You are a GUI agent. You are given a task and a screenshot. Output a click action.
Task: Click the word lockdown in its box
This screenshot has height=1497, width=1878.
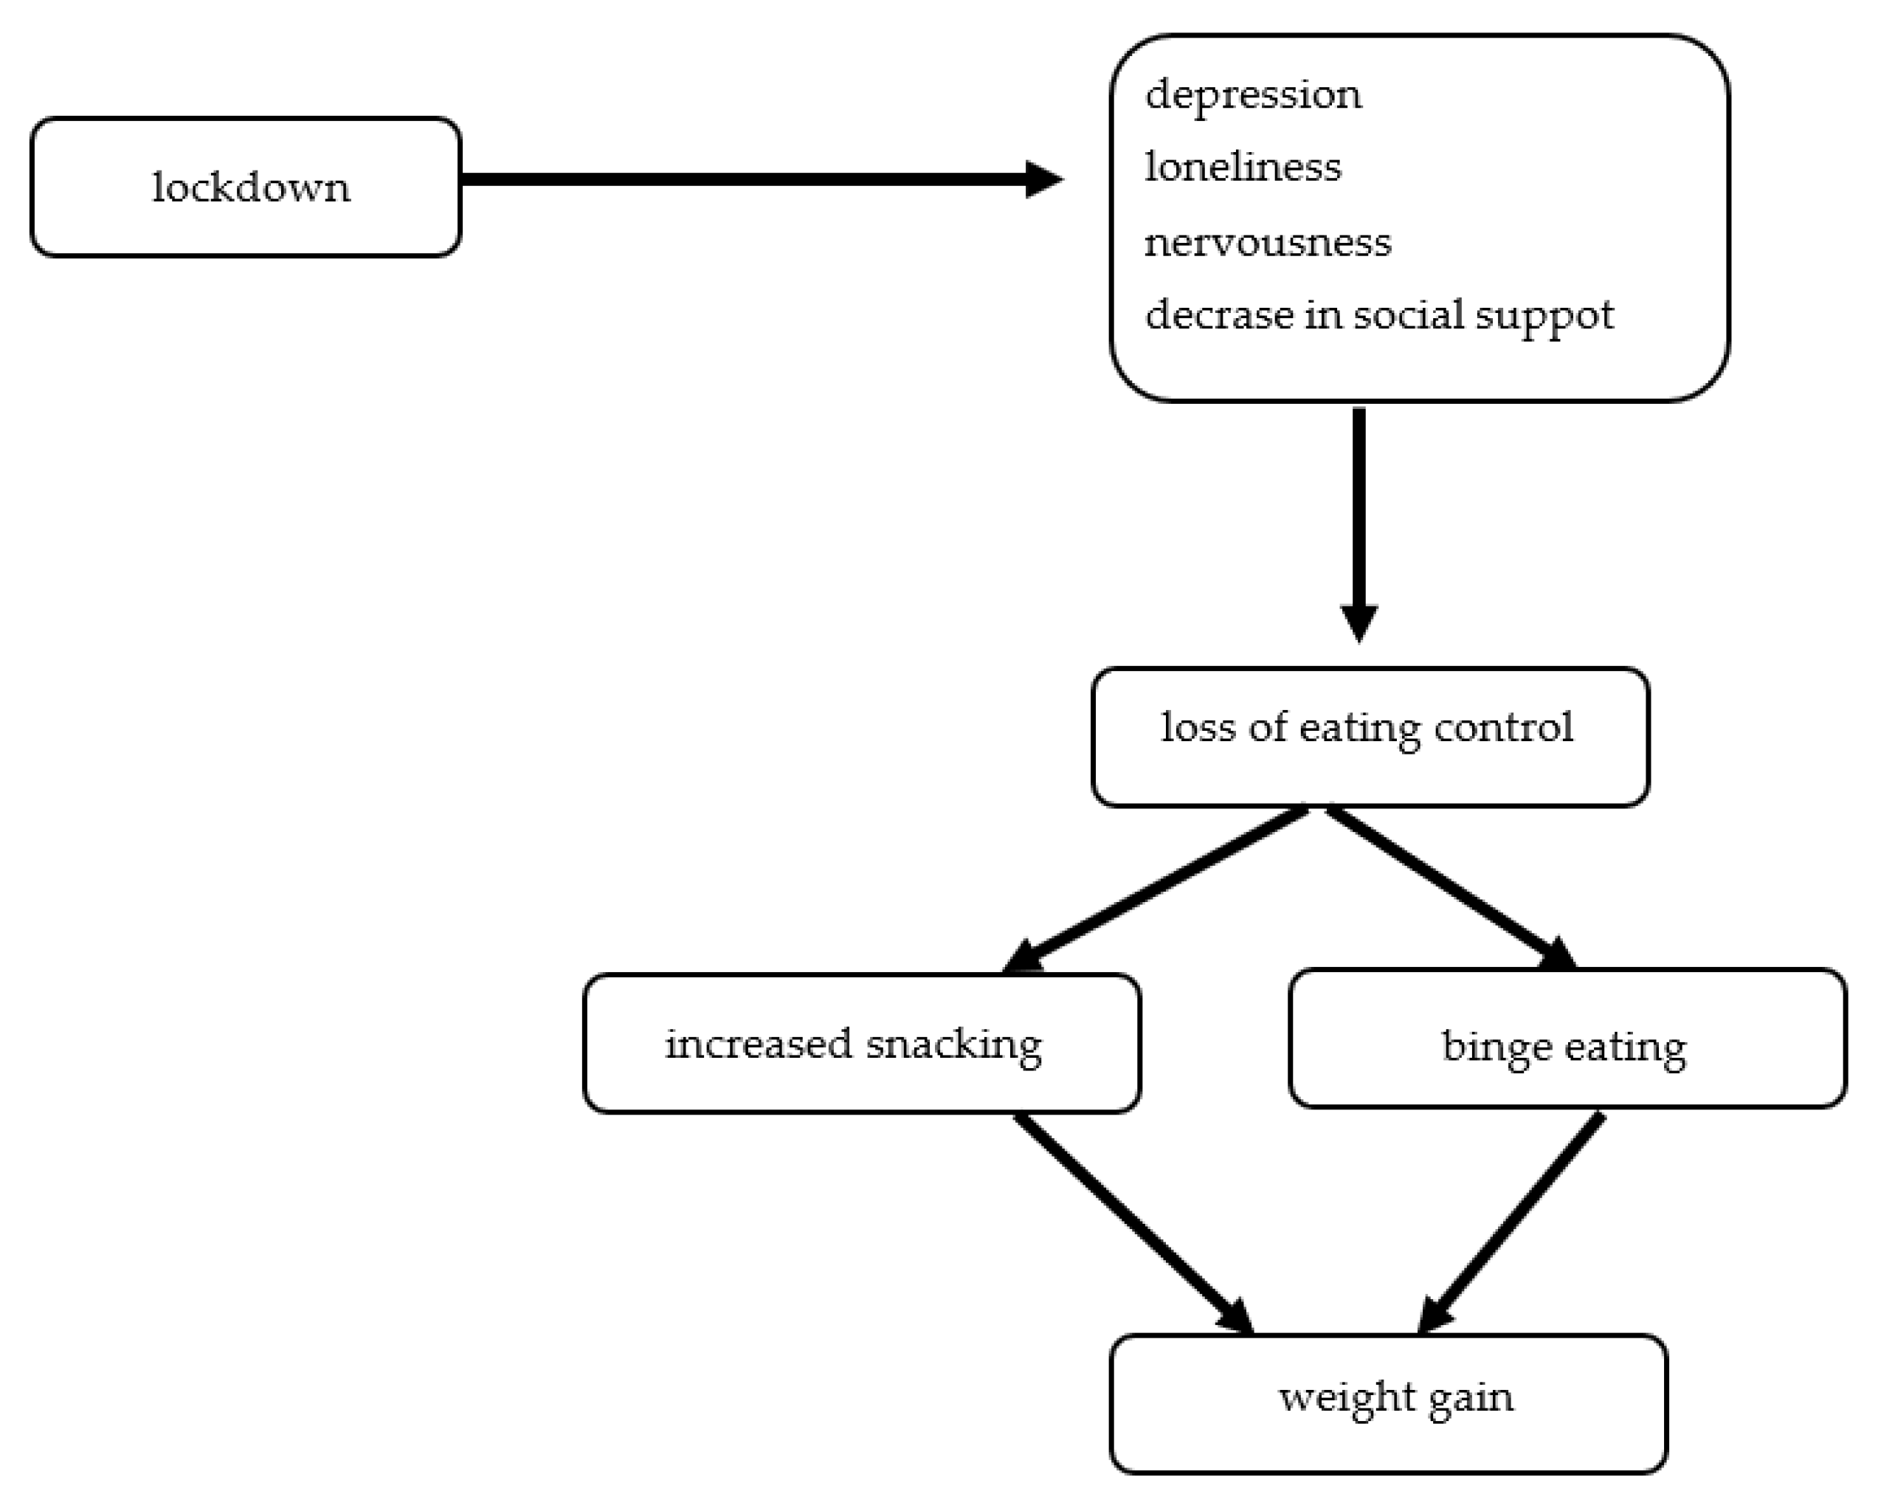(x=251, y=187)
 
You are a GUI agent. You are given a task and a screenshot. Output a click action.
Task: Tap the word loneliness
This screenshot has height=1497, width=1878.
(x=1242, y=168)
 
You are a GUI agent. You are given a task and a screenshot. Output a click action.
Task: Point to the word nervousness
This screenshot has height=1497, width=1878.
(x=1268, y=242)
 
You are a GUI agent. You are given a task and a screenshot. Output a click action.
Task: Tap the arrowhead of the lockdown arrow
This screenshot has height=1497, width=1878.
(x=1043, y=179)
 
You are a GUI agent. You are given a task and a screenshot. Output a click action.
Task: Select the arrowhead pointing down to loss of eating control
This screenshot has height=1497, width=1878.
(x=1358, y=622)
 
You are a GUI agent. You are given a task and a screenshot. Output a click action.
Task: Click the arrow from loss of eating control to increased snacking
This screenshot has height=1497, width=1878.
(x=1159, y=887)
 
